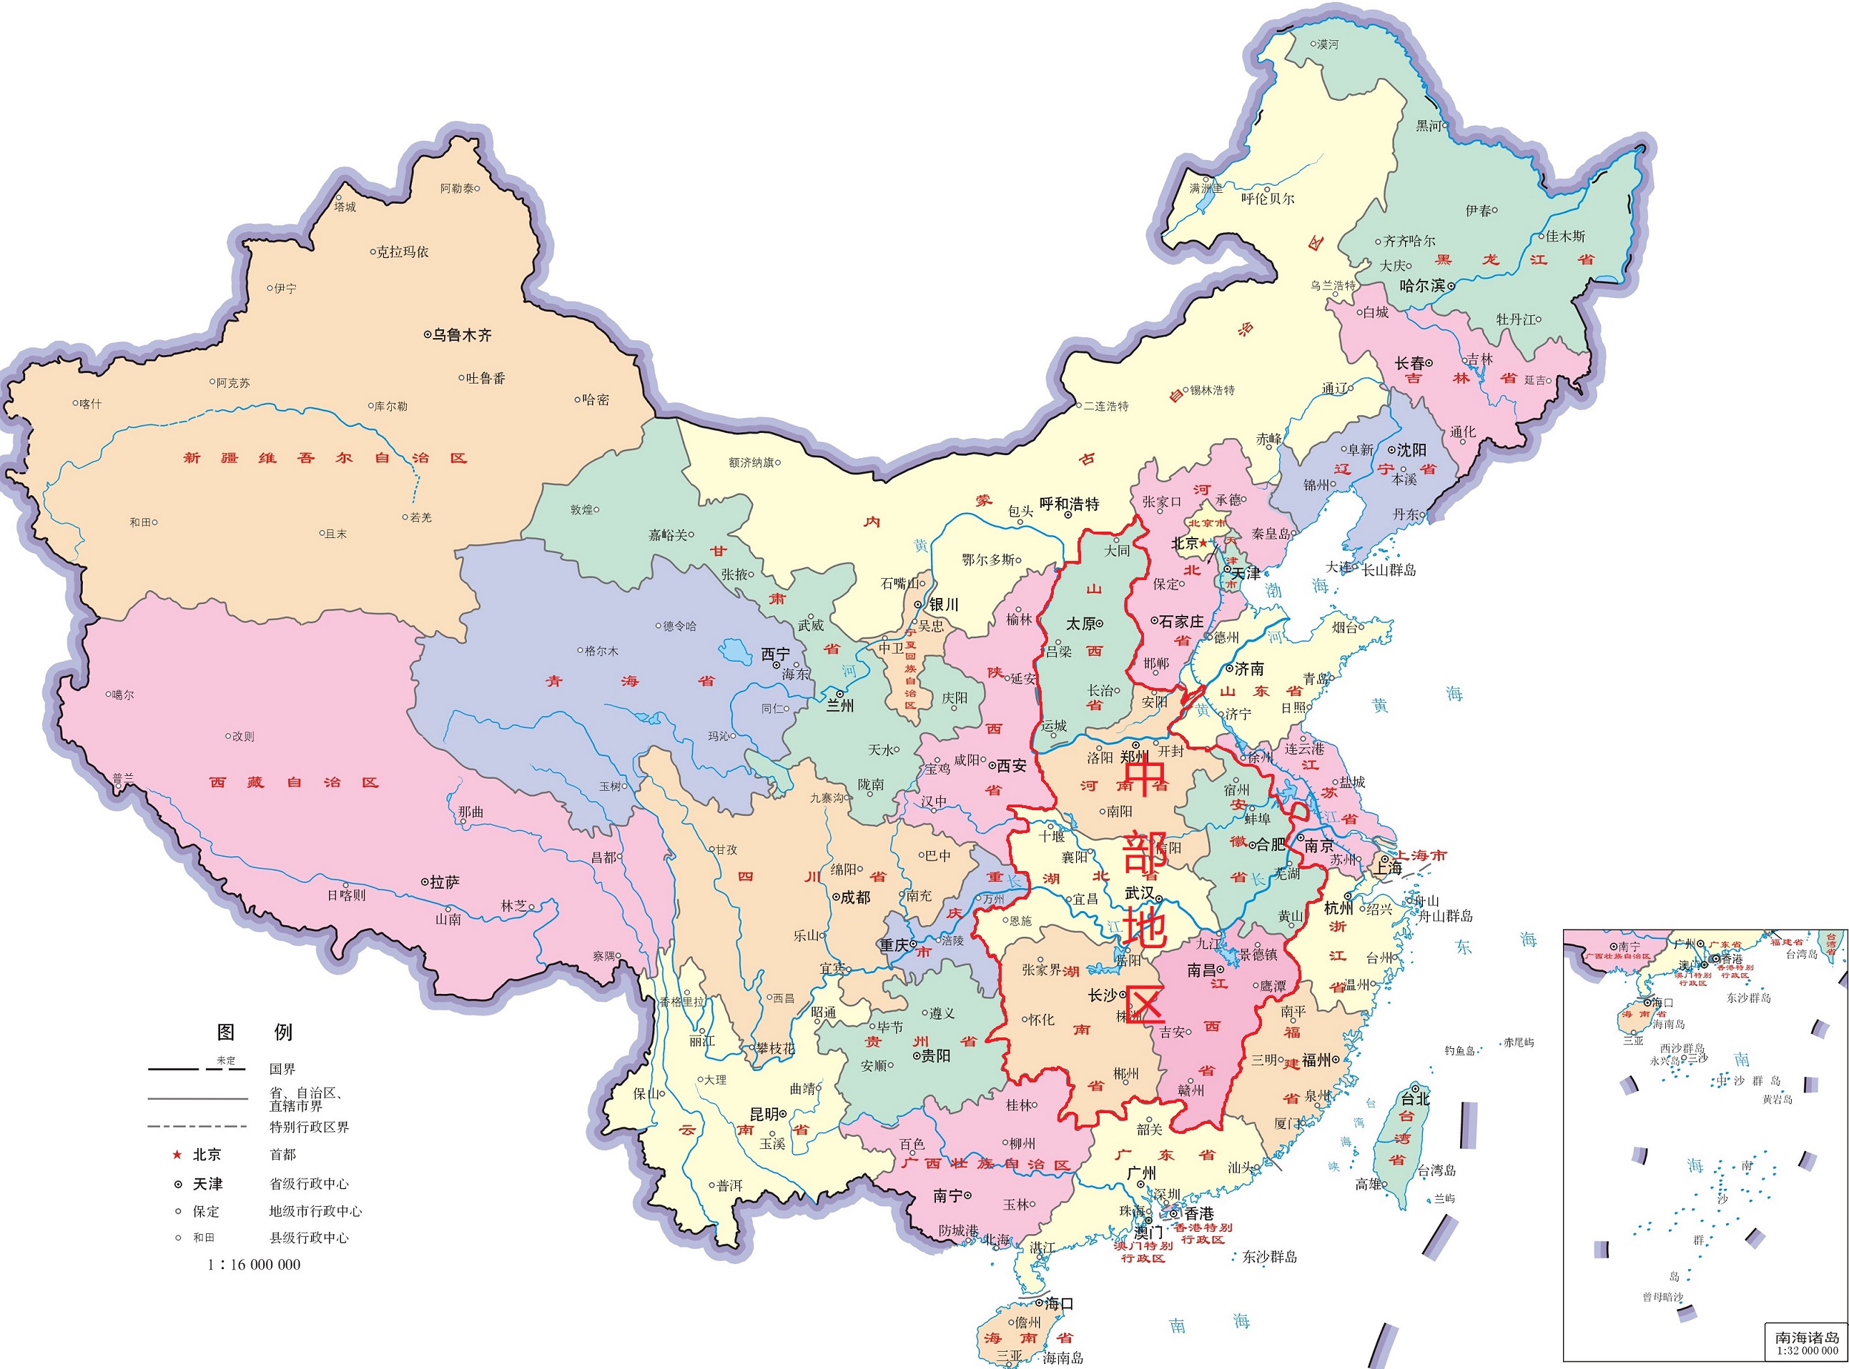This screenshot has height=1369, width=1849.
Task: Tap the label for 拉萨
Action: click(445, 882)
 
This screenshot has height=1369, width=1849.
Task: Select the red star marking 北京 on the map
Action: click(1203, 544)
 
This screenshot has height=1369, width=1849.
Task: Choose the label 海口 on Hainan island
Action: click(1059, 1303)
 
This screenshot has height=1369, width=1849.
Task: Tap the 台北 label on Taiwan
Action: click(1414, 1100)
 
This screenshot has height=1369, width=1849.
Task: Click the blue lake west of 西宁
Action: click(732, 650)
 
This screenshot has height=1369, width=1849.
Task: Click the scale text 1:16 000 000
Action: click(255, 1265)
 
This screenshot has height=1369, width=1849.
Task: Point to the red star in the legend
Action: click(176, 1155)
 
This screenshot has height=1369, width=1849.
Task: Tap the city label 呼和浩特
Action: click(1069, 504)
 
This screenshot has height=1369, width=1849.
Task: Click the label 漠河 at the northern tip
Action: click(1328, 44)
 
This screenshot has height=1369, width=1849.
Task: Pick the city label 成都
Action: click(855, 897)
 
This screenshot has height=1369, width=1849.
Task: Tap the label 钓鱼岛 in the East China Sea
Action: click(1459, 1051)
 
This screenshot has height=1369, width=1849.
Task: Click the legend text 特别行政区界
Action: click(310, 1127)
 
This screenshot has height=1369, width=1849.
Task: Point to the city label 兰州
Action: click(840, 706)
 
